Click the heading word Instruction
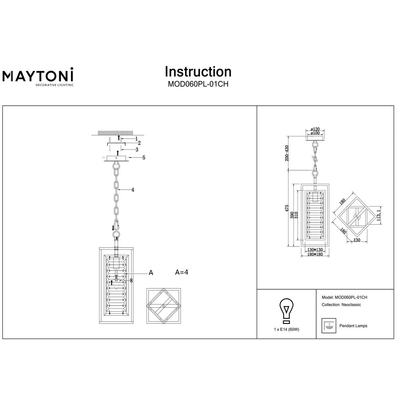(x=198, y=71)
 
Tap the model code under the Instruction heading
(x=198, y=84)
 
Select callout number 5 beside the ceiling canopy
(x=144, y=157)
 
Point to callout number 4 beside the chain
(x=133, y=190)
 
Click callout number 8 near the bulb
(x=131, y=281)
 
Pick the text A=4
(x=182, y=272)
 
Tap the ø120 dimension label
(x=315, y=129)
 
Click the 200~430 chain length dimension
(x=287, y=153)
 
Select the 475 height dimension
(x=287, y=208)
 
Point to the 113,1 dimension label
(x=379, y=214)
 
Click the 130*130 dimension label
(x=315, y=250)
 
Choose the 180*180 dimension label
(x=315, y=254)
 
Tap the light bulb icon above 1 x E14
(x=286, y=310)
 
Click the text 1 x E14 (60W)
(x=286, y=329)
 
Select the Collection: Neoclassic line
(x=341, y=305)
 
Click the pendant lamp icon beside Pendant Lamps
(x=328, y=326)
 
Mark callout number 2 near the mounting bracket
(x=139, y=143)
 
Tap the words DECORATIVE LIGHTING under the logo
(x=54, y=85)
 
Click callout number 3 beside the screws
(x=137, y=150)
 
